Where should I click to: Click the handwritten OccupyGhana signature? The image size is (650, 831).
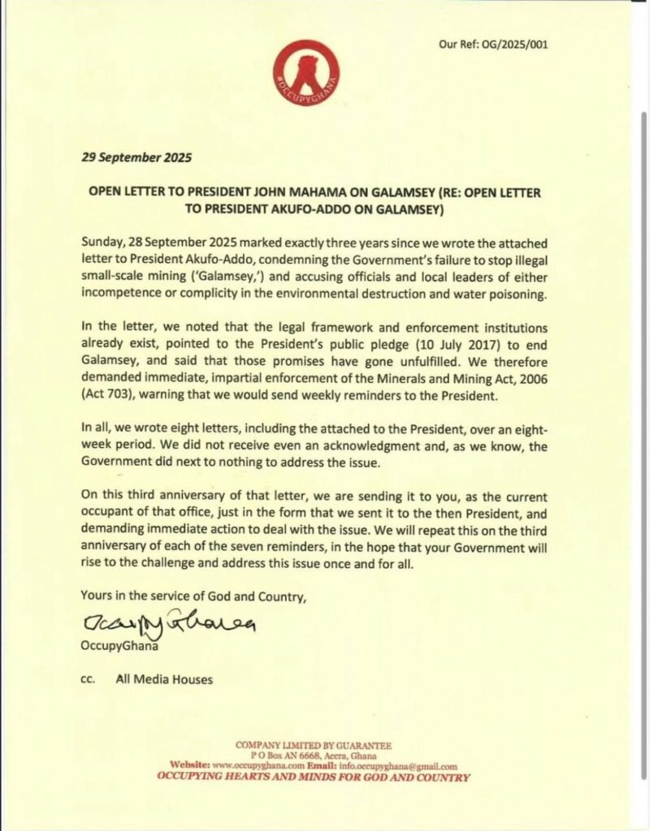tap(169, 622)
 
